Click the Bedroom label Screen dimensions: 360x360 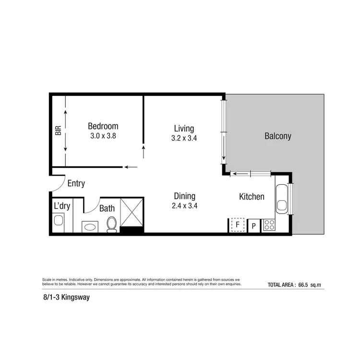(103, 126)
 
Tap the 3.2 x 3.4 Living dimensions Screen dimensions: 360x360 (184, 138)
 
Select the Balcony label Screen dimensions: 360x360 (278, 136)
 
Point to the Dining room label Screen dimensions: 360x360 (184, 196)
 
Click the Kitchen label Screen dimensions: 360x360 (252, 196)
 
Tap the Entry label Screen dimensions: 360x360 (76, 183)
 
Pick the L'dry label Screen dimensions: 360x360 (62, 206)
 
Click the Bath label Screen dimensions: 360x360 (107, 208)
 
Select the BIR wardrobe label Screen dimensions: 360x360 (59, 131)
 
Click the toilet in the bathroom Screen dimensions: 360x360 (112, 224)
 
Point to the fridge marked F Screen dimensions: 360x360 (236, 225)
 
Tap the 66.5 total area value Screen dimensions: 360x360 (303, 285)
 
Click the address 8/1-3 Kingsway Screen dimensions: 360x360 (63, 298)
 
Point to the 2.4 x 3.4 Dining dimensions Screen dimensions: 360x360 (184, 206)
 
